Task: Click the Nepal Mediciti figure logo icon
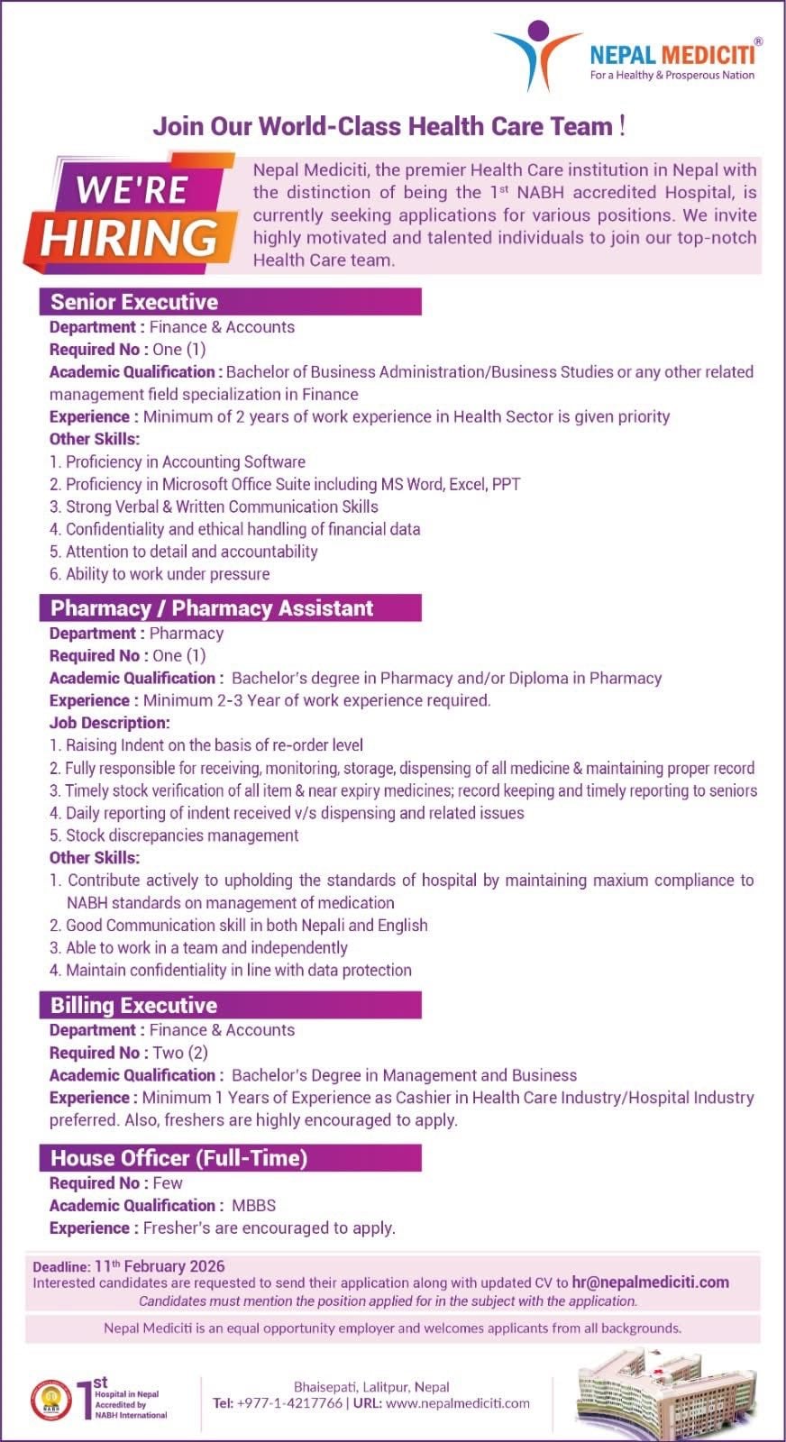pos(537,54)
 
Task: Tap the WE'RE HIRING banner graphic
pos(132,214)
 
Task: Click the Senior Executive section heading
pos(134,302)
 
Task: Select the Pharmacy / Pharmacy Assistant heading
pos(212,608)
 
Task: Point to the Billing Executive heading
pos(134,1005)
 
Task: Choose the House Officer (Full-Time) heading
pos(179,1158)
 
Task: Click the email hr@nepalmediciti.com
pos(650,1282)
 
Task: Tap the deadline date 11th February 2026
pos(160,1265)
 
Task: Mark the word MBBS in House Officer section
pos(253,1205)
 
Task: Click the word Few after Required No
pos(168,1182)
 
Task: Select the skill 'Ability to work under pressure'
pos(168,574)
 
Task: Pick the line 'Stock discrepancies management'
pos(182,835)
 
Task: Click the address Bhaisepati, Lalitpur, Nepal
pos(371,1387)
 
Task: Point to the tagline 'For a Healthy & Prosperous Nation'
pos(672,76)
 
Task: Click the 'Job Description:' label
pos(109,723)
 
